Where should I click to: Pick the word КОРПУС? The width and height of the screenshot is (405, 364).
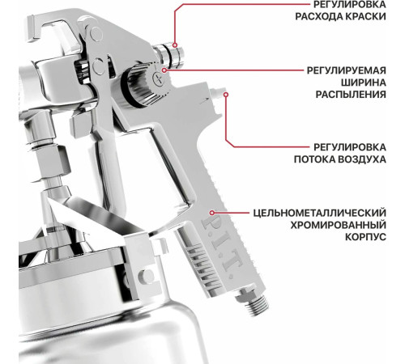[x=373, y=240]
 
